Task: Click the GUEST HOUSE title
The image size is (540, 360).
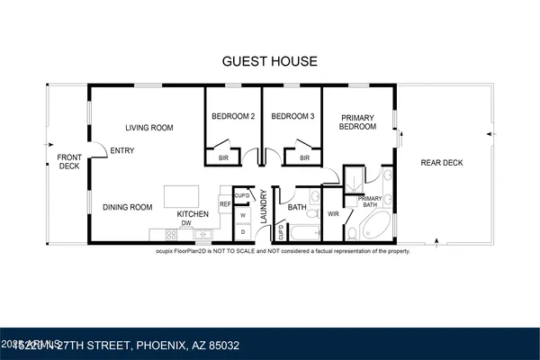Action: [270, 61]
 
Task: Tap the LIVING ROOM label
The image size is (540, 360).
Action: [148, 127]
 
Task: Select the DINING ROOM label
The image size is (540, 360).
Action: [126, 207]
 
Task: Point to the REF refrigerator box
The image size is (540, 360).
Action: [225, 204]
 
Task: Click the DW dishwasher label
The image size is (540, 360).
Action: [186, 223]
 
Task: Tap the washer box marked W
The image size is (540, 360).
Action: [242, 215]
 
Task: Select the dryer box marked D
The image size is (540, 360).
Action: [242, 231]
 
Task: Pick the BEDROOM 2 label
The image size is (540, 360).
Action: [232, 116]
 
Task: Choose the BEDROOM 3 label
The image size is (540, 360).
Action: [292, 116]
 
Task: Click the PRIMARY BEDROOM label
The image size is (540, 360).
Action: [357, 121]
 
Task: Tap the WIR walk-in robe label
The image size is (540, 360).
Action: [333, 214]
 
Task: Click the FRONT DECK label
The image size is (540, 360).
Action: [69, 161]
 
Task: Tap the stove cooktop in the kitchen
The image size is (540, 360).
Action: [158, 234]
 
